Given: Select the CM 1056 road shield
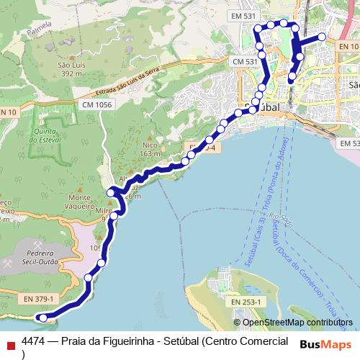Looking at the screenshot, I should (x=97, y=105).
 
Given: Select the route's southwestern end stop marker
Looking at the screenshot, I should (x=43, y=318).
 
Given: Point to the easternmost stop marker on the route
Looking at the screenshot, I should (x=323, y=37).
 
